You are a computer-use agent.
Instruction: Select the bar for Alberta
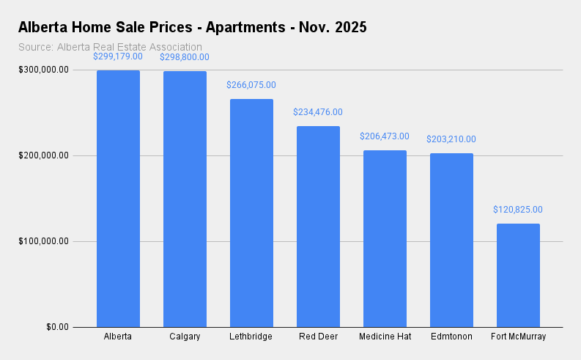click(x=118, y=199)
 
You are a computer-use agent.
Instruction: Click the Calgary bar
click(x=185, y=199)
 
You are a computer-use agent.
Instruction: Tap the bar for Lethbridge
click(x=251, y=213)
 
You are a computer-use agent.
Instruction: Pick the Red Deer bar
click(x=318, y=227)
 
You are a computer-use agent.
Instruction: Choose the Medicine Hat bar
click(x=385, y=238)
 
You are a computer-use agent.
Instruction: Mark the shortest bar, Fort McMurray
click(x=518, y=275)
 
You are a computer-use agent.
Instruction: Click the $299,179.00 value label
click(x=118, y=56)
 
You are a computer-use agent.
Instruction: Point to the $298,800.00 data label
click(x=185, y=56)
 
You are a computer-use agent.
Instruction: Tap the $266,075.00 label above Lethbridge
click(x=251, y=85)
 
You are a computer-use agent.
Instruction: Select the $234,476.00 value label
click(x=318, y=112)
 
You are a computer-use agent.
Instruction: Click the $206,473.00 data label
click(x=385, y=136)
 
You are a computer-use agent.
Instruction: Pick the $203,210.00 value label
click(x=451, y=139)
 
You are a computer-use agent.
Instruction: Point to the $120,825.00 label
click(x=518, y=210)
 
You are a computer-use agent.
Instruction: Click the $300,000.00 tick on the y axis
click(x=45, y=70)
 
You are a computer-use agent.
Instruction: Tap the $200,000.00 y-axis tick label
click(x=45, y=155)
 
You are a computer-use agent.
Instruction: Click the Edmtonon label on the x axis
click(x=451, y=337)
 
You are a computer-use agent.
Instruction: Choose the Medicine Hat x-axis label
click(x=385, y=337)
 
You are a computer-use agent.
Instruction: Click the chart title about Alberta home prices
click(x=192, y=28)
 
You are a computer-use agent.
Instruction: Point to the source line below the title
click(x=110, y=47)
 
